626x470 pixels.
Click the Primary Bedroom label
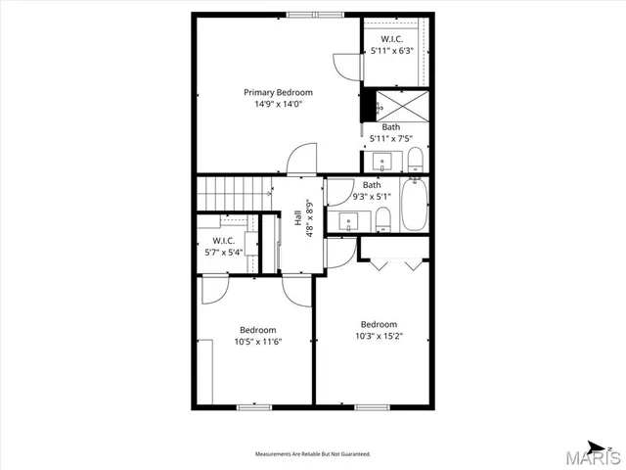coord(278,92)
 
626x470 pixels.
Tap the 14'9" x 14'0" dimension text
coord(278,104)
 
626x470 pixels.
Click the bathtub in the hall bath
coord(415,205)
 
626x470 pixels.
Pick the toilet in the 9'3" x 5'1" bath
coord(382,219)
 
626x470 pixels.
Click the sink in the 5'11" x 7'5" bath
coord(381,162)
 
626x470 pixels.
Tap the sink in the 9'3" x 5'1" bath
coord(349,221)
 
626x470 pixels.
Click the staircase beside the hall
coord(232,191)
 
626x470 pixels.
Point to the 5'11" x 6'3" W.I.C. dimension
coord(395,50)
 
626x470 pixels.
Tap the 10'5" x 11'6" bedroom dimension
coord(258,342)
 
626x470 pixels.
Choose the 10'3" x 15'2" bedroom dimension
coord(379,336)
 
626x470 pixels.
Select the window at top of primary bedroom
coord(315,14)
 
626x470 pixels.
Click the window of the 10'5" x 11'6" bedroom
coord(254,406)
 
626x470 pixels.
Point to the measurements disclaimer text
coord(312,454)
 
